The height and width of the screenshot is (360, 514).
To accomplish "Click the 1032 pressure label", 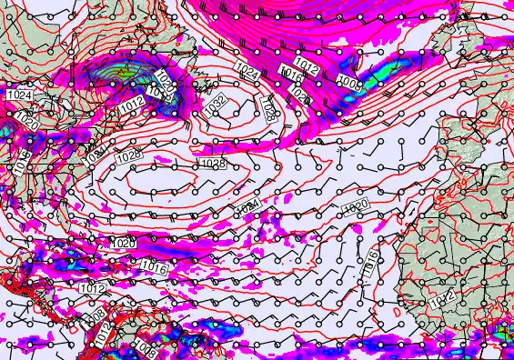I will pos(216,105).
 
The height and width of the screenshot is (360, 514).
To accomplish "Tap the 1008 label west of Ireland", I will pos(348,85).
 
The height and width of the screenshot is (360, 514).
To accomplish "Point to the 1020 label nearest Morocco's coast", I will pos(355,207).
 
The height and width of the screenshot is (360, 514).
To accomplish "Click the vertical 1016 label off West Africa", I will pos(370,264).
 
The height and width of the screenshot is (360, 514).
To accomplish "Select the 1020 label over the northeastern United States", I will pos(26,122).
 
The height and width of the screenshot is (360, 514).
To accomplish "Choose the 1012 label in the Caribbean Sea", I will pos(92,288).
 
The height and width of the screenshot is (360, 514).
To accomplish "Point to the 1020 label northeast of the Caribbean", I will pos(124,244).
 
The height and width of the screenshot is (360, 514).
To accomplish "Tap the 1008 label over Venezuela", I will pos(144,346).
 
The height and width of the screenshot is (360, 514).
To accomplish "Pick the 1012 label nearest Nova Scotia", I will pos(130,108).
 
